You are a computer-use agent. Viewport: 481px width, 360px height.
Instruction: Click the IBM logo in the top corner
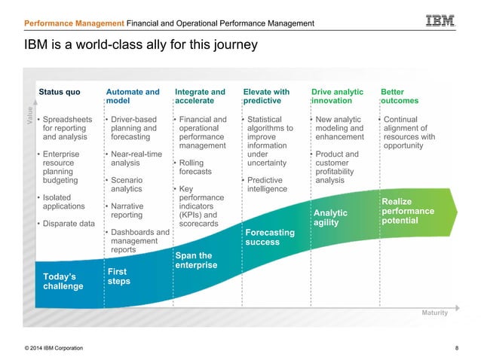tap(440, 22)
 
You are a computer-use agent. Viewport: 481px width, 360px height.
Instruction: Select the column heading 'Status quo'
tap(60, 93)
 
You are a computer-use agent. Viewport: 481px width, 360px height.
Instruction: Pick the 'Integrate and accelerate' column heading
tap(200, 96)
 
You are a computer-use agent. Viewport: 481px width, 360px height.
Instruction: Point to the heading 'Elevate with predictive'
tap(266, 96)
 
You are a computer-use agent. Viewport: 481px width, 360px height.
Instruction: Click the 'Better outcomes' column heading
tap(400, 96)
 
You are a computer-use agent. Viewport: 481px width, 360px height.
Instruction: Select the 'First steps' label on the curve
tap(118, 276)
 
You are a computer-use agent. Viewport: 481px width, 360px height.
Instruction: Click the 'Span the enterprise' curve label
tap(196, 261)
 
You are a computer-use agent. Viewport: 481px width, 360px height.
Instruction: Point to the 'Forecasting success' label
tap(270, 237)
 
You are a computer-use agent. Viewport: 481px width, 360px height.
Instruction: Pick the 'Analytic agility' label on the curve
tap(330, 218)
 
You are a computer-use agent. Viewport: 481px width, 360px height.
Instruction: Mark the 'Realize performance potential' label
tap(408, 211)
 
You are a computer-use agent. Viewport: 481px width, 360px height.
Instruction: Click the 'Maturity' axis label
tap(434, 313)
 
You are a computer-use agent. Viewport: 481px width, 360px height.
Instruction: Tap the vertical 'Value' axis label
tap(31, 121)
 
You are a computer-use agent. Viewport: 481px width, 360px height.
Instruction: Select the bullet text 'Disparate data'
tap(69, 224)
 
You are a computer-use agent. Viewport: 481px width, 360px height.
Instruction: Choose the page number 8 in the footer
tap(457, 348)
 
